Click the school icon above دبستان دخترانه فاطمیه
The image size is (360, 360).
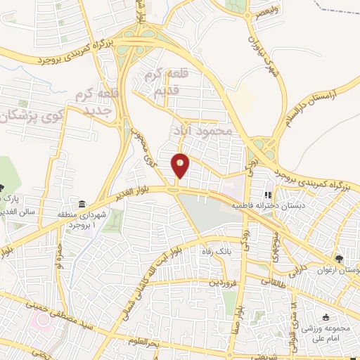point(267,196)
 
